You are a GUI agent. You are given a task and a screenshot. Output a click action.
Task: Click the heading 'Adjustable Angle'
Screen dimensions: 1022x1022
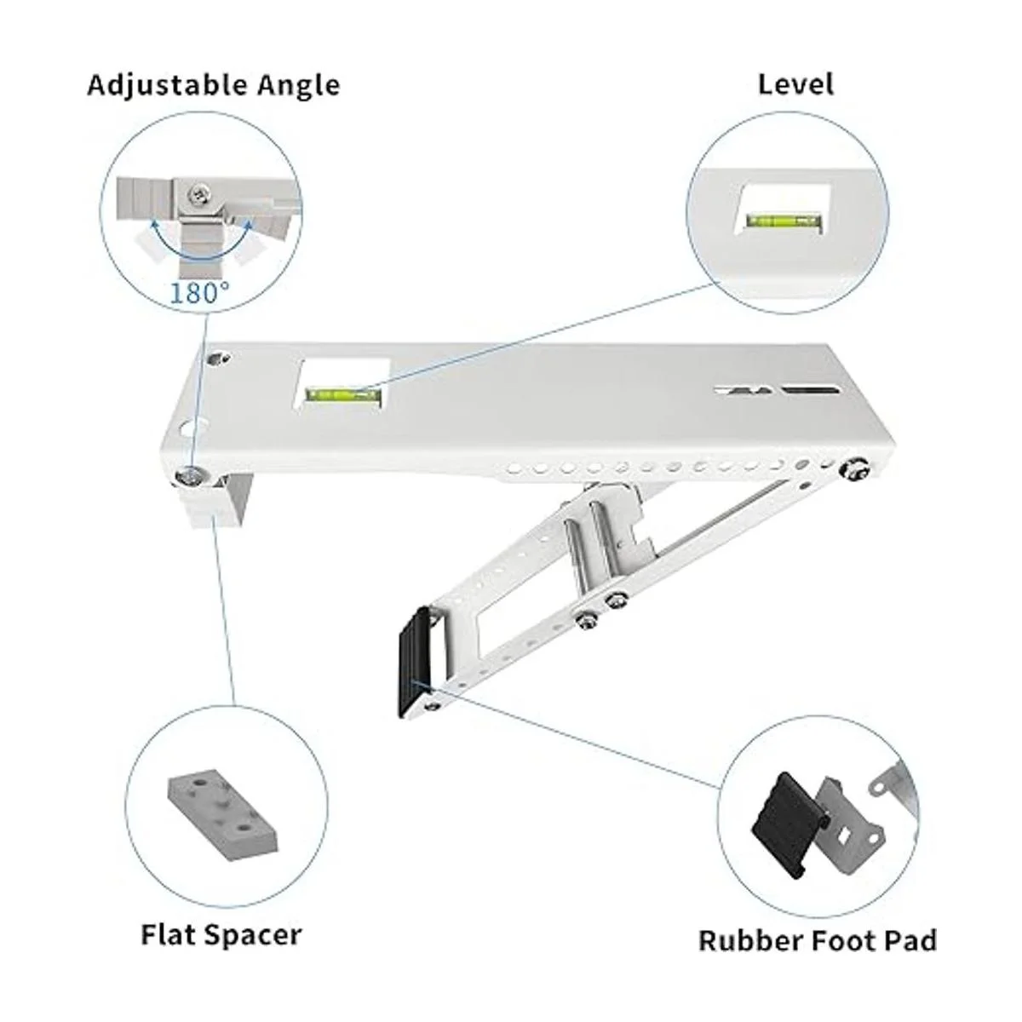pyautogui.click(x=213, y=86)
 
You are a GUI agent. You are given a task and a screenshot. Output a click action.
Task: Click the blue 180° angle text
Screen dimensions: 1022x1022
pyautogui.click(x=200, y=292)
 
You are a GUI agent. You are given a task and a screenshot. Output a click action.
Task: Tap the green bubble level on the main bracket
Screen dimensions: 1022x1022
pyautogui.click(x=344, y=394)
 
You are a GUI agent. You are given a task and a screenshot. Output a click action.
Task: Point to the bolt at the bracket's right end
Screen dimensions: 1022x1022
pyautogui.click(x=854, y=470)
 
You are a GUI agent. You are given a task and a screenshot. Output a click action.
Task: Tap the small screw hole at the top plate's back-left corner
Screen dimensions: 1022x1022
pyautogui.click(x=217, y=359)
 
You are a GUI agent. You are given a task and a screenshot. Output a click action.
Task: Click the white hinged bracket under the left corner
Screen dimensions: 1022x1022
pyautogui.click(x=217, y=501)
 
